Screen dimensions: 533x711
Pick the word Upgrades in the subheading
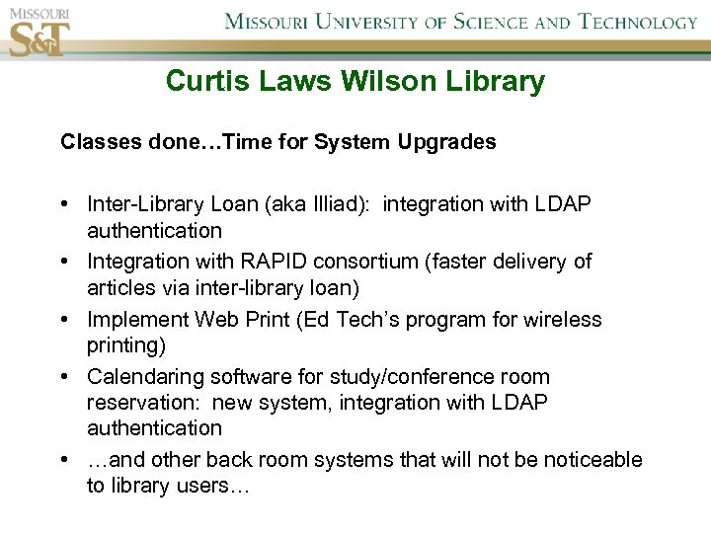coord(446,142)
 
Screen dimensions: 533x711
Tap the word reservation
coord(144,403)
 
